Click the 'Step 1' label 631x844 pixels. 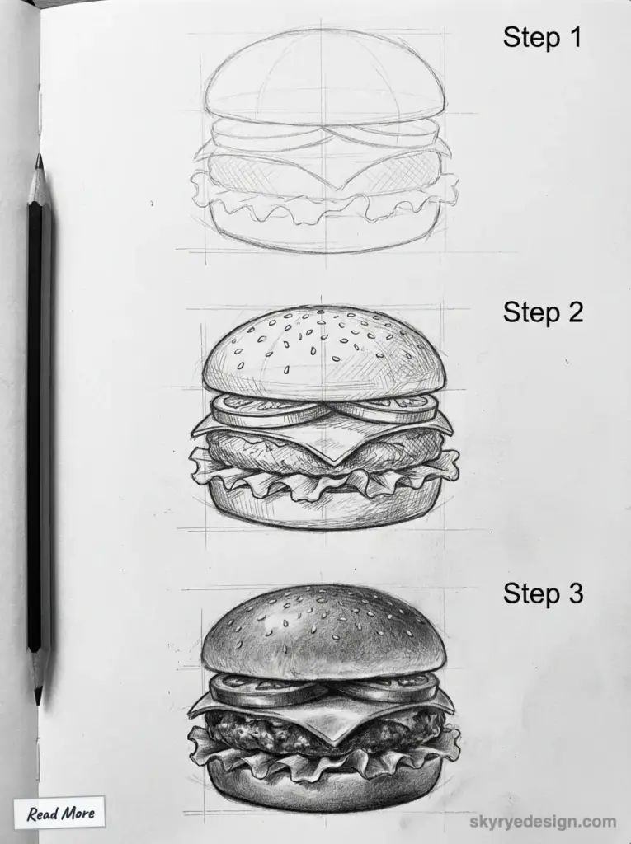[x=543, y=38]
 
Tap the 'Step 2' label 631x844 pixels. [x=544, y=312]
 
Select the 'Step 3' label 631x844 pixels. [x=544, y=594]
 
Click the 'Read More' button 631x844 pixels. [x=60, y=813]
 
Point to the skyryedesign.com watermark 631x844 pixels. [x=543, y=822]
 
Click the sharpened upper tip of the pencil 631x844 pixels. [x=39, y=156]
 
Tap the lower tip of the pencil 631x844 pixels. [x=38, y=701]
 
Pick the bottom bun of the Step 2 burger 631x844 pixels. [x=325, y=504]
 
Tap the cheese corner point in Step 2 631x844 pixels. [x=335, y=465]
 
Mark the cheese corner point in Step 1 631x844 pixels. [x=335, y=188]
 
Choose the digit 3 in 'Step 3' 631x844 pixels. [x=574, y=594]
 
